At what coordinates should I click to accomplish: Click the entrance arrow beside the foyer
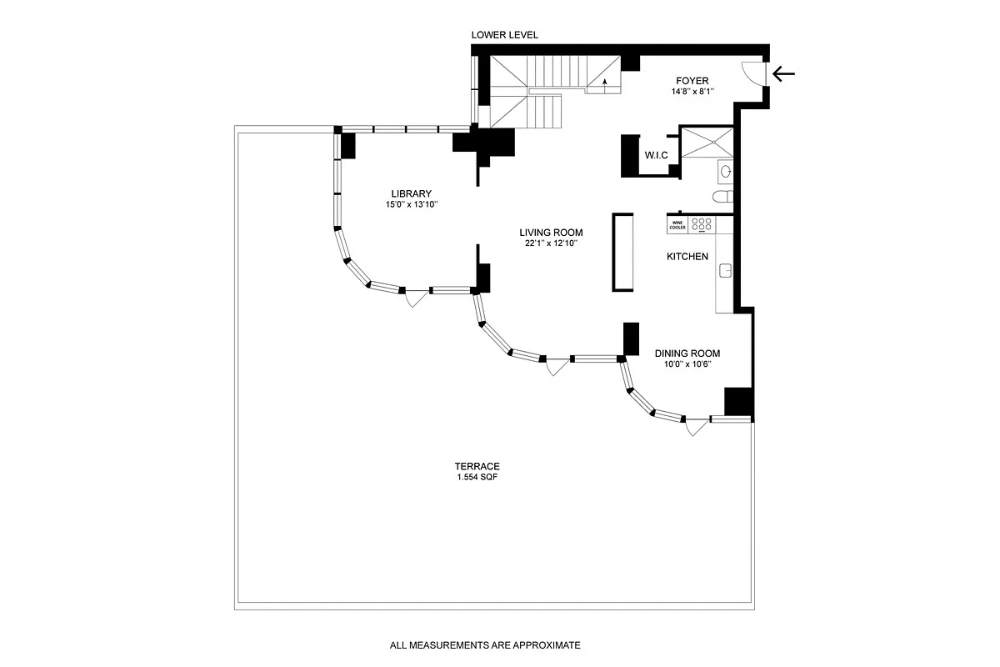coord(783,74)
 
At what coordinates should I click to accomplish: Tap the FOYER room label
coord(692,81)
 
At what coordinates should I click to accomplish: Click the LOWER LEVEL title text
coord(504,35)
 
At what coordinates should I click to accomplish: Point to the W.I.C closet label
coord(656,155)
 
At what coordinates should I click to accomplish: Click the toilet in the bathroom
coord(722,197)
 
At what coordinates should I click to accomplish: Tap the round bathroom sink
coord(725,171)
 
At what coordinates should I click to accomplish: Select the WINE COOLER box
coord(677,224)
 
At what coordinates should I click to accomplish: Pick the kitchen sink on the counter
coord(725,270)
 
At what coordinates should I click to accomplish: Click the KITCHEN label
coord(687,257)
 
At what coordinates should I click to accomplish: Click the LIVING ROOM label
coord(551,233)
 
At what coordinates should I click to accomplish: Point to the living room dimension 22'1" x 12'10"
coord(552,243)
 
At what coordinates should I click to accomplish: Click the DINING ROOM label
coord(687,353)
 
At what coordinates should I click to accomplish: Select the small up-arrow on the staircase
coord(605,82)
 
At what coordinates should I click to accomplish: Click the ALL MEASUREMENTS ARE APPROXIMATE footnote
coord(484,644)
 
